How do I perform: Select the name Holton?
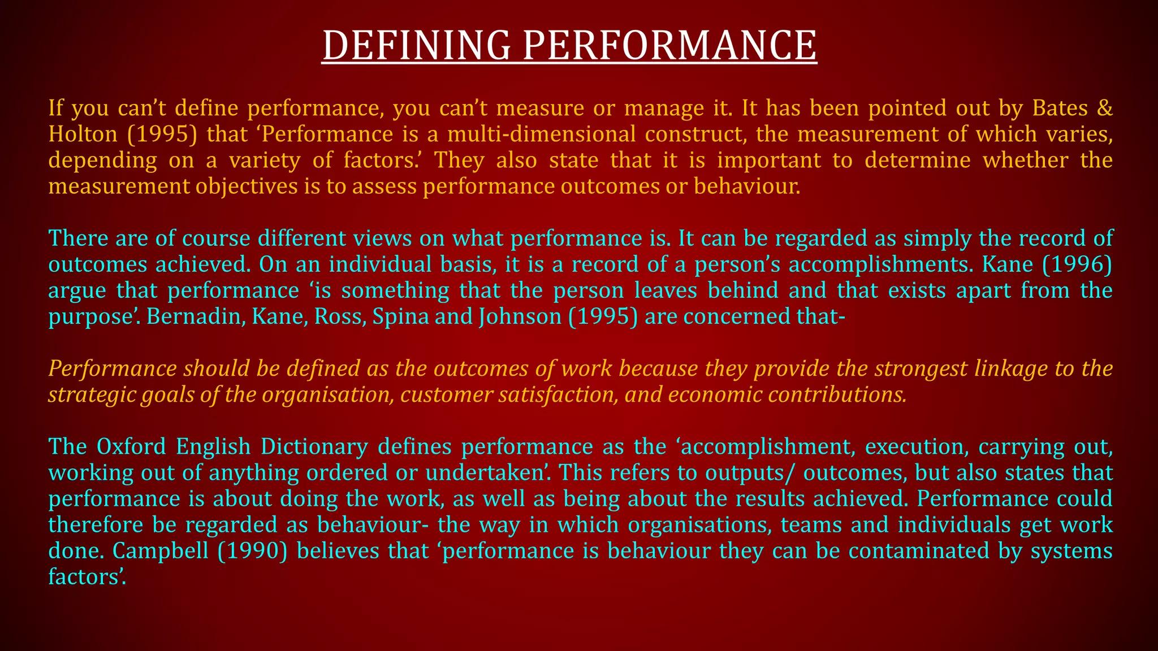83,134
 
